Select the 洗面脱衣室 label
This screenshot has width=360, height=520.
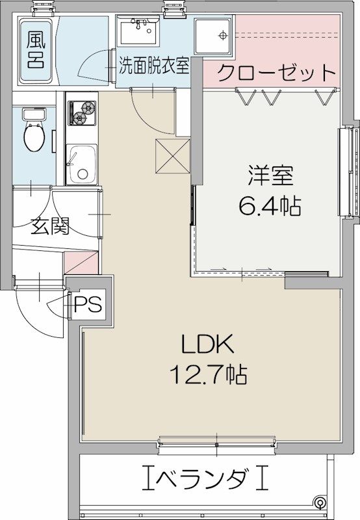coord(154,66)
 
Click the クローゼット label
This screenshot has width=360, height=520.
coord(276,72)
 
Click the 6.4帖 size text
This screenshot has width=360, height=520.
coord(269,207)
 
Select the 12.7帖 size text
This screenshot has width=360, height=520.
coord(207,374)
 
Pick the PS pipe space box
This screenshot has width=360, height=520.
coord(89,304)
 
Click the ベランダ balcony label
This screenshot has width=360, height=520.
coord(205,480)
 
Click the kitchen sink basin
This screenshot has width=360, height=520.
coord(82,166)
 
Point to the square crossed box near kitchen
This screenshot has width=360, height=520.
coord(172,156)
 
